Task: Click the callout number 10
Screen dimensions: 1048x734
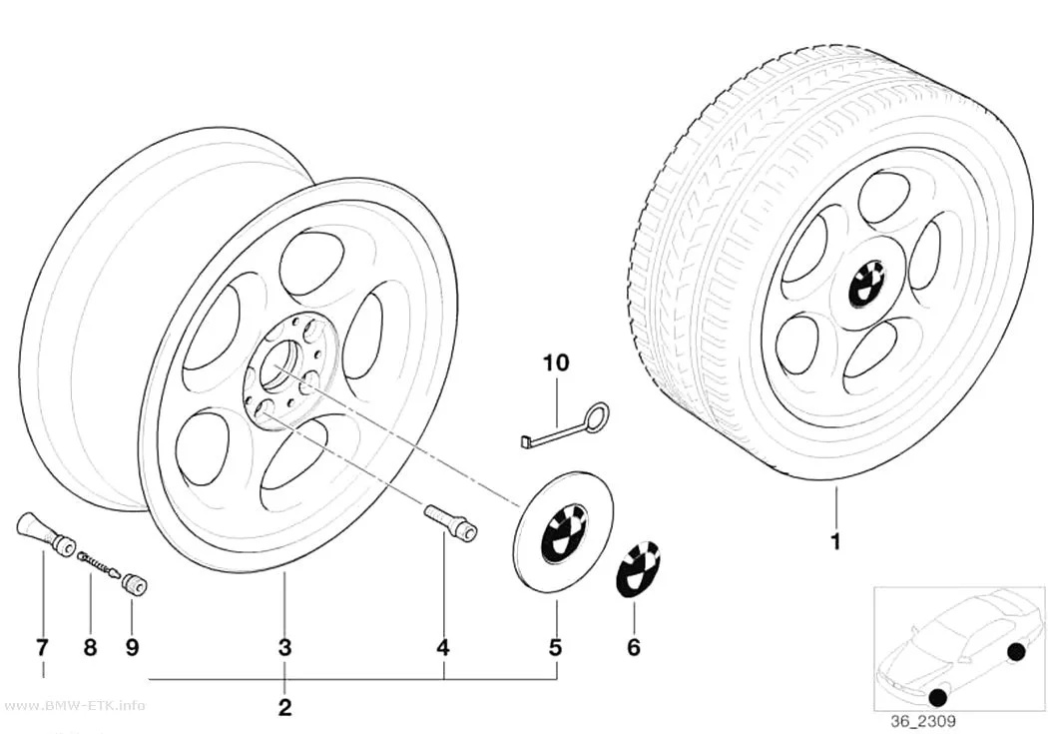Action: [x=556, y=363]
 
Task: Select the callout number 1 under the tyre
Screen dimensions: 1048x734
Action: [x=834, y=541]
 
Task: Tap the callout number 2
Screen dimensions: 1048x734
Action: [x=284, y=707]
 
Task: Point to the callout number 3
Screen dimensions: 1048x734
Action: [x=284, y=647]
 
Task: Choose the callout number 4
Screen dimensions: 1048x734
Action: [x=442, y=647]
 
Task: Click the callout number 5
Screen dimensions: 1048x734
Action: [x=555, y=647]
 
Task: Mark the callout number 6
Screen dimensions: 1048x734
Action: [x=634, y=647]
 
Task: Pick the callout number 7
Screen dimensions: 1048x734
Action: [x=42, y=647]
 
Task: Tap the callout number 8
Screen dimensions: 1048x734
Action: [x=90, y=647]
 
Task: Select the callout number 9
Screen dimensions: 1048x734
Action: [x=132, y=647]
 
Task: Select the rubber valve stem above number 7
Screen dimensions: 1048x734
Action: [x=45, y=534]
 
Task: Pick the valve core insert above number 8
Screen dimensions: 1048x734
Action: [x=99, y=563]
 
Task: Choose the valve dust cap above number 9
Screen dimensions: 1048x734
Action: [x=135, y=585]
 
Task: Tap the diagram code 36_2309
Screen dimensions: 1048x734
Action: [x=922, y=721]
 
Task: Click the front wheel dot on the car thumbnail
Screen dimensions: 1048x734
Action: [x=938, y=697]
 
